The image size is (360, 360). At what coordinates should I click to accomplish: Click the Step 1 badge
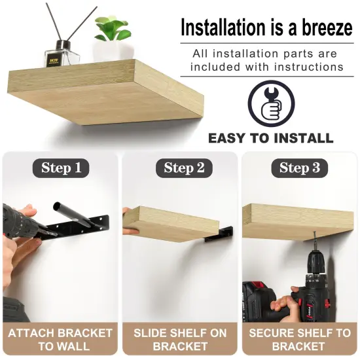60,168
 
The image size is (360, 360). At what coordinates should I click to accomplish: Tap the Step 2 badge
180,168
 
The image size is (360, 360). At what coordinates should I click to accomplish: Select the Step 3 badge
299,168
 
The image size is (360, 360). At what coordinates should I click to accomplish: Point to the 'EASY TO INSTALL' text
270,138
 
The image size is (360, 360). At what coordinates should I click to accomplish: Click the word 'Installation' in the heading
223,28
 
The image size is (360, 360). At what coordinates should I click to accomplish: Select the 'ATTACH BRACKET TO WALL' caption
60,339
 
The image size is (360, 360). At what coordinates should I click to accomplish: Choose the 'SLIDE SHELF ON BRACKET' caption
180,339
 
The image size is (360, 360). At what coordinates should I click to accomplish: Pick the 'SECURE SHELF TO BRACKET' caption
299,339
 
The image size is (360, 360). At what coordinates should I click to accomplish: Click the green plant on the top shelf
113,29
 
